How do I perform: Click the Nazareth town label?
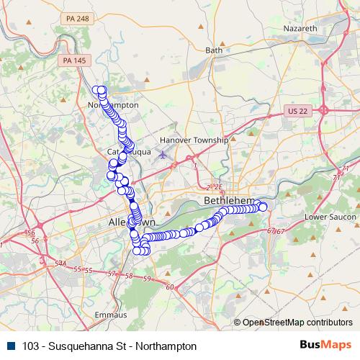point(303,28)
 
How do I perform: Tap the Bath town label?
point(214,50)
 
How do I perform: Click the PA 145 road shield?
point(74,60)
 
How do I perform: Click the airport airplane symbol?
point(163,153)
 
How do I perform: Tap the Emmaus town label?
point(110,315)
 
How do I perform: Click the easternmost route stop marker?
point(263,207)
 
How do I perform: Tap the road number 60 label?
point(170,287)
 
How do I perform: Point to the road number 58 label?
point(129,276)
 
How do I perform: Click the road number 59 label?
point(147,279)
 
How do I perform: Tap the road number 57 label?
point(111,274)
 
